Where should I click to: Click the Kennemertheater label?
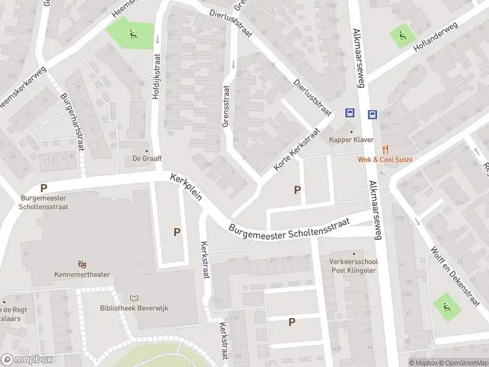(x=82, y=275)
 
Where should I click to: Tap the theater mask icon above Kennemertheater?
(x=82, y=264)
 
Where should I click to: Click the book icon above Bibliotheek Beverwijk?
(x=134, y=297)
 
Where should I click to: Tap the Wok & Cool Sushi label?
(x=385, y=160)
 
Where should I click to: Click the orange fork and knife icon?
(x=385, y=149)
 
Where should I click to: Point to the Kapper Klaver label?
(x=351, y=140)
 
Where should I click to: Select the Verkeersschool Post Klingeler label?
(x=353, y=265)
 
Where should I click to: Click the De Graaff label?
(x=146, y=158)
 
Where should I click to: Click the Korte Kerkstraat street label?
(x=298, y=150)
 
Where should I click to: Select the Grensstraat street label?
(x=227, y=105)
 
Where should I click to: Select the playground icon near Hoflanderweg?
(x=402, y=35)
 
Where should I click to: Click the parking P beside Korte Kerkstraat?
(x=298, y=190)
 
